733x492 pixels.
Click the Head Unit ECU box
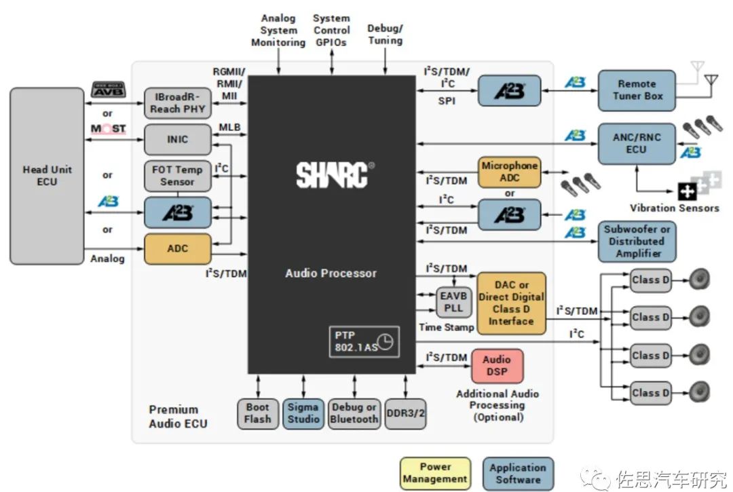click(x=47, y=176)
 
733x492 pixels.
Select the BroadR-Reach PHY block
click(x=178, y=103)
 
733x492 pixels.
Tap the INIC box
click(x=178, y=140)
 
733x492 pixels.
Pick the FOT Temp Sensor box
click(x=178, y=176)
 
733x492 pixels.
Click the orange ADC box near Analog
click(x=178, y=249)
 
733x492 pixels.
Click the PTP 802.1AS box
click(x=364, y=341)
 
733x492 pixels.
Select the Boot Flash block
click(x=257, y=413)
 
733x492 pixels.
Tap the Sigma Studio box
click(x=303, y=413)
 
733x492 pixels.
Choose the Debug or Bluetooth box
click(x=354, y=413)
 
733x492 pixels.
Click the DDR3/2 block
click(x=405, y=413)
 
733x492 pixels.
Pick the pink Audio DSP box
click(x=497, y=366)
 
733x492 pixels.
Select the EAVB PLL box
click(x=453, y=301)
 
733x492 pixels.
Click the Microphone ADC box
click(x=510, y=172)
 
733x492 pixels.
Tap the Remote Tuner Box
click(x=636, y=90)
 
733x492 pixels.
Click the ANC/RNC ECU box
click(x=636, y=143)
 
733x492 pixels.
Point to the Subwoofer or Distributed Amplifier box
click(x=637, y=242)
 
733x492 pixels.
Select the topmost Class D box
click(x=650, y=280)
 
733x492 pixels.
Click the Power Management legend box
click(x=435, y=473)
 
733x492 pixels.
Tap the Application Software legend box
click(x=517, y=473)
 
